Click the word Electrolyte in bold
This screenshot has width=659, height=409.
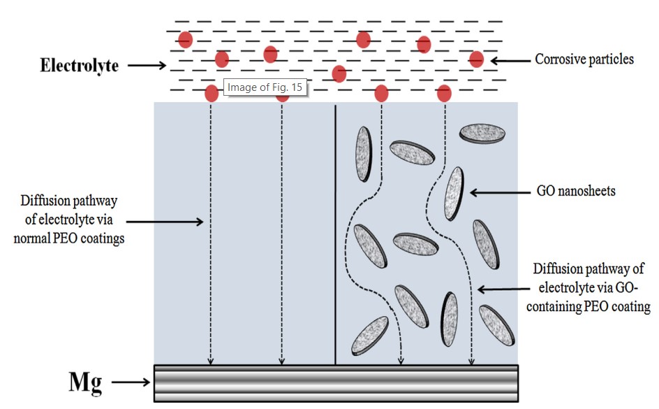pyautogui.click(x=79, y=66)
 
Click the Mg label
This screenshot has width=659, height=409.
pyautogui.click(x=86, y=382)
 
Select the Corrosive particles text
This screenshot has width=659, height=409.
pyautogui.click(x=584, y=59)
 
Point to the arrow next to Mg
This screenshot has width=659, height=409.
pyautogui.click(x=131, y=382)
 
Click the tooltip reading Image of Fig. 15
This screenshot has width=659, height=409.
pyautogui.click(x=265, y=87)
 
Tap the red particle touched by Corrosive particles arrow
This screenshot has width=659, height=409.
pyautogui.click(x=476, y=59)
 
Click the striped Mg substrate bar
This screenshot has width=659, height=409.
pyautogui.click(x=336, y=383)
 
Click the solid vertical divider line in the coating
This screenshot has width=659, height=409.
pyautogui.click(x=336, y=234)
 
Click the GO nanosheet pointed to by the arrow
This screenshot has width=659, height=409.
pyautogui.click(x=454, y=193)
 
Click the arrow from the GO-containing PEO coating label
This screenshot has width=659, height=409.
pyautogui.click(x=503, y=289)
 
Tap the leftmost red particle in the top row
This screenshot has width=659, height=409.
pyautogui.click(x=185, y=39)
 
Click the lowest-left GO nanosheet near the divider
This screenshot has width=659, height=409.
pyautogui.click(x=369, y=334)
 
